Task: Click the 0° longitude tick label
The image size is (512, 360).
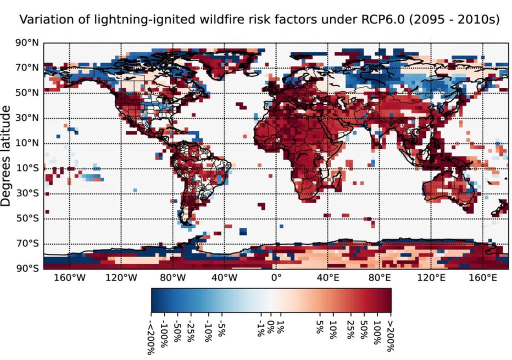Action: pyautogui.click(x=276, y=277)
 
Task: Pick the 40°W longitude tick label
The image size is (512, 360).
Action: pyautogui.click(x=223, y=277)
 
